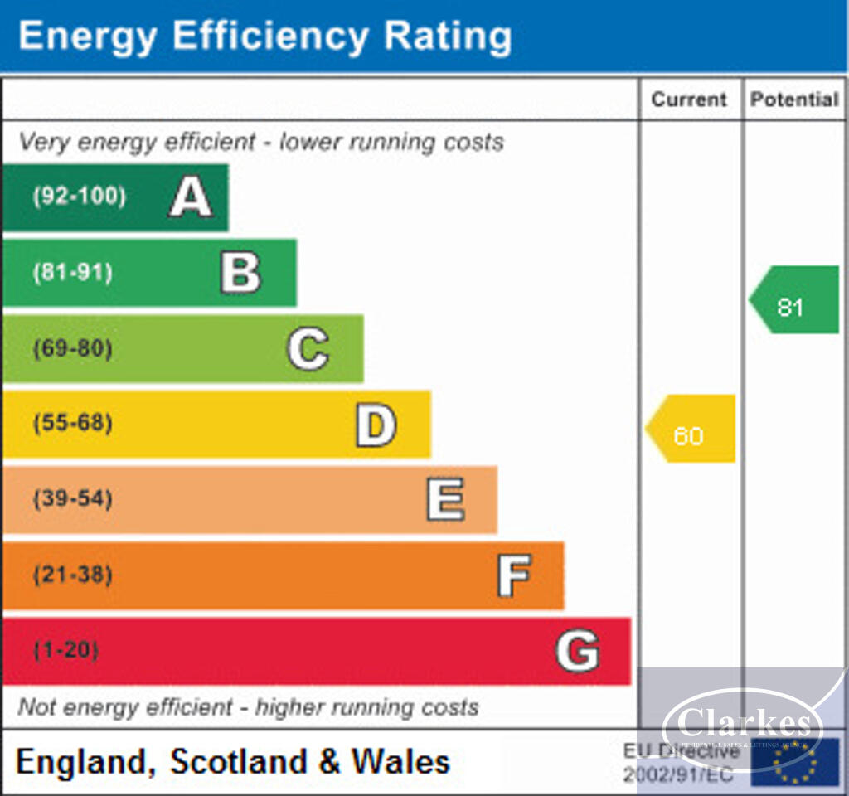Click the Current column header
[x=688, y=99]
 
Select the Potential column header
[x=794, y=99]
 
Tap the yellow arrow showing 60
[x=691, y=429]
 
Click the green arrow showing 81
[x=794, y=300]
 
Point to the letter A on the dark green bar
[x=191, y=198]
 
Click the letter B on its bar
[x=240, y=273]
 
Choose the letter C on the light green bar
[x=308, y=349]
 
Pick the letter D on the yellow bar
[x=376, y=425]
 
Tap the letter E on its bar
[x=445, y=500]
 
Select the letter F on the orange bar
[x=514, y=575]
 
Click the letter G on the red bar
[x=577, y=651]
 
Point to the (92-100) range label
[x=80, y=197]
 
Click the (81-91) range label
[x=73, y=273]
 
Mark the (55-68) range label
[x=73, y=424]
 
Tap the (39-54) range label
[x=73, y=499]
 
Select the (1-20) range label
[x=65, y=650]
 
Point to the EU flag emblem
[x=794, y=761]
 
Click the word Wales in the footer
[x=401, y=762]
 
